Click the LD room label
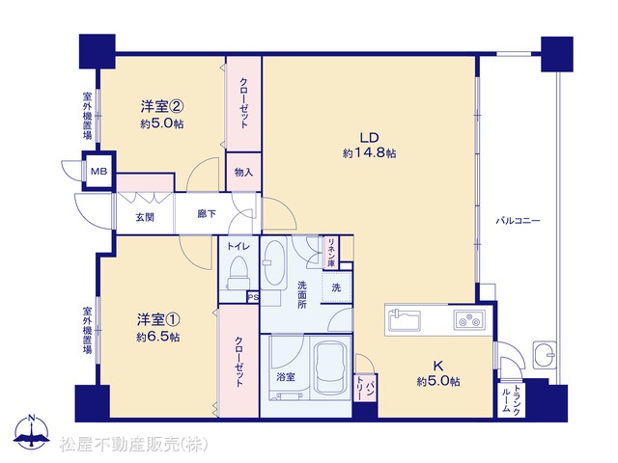click(x=369, y=137)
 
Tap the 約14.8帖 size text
click(x=369, y=153)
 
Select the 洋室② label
click(x=162, y=106)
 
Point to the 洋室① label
click(x=158, y=319)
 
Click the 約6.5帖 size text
click(x=158, y=337)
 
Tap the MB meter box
click(x=98, y=172)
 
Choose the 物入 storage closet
click(x=243, y=172)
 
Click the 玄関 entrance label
click(x=145, y=217)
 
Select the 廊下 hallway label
click(x=207, y=214)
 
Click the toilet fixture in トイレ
click(x=239, y=273)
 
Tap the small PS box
click(x=253, y=297)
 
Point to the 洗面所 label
click(x=302, y=294)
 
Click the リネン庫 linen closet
click(x=331, y=253)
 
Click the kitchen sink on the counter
click(x=405, y=320)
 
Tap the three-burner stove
click(x=469, y=319)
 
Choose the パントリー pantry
click(x=365, y=388)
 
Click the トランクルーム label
click(x=511, y=399)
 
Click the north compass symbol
click(x=32, y=432)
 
